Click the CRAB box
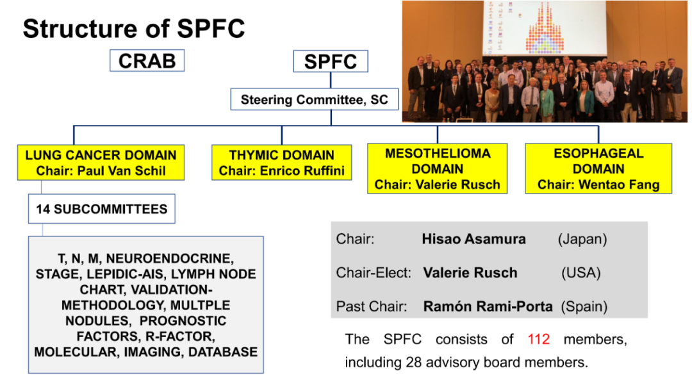[x=147, y=60]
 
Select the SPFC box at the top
[x=331, y=62]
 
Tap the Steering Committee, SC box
[x=314, y=100]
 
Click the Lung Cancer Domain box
[x=101, y=163]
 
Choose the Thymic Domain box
[x=281, y=163]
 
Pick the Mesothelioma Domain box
[x=438, y=169]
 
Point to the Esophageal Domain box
[x=598, y=169]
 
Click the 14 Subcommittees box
[x=101, y=209]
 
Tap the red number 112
[x=538, y=339]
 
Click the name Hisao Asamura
[x=474, y=239]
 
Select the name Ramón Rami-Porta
[x=488, y=306]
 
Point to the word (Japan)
[x=582, y=239]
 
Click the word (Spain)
[x=584, y=306]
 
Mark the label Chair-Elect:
[x=374, y=273]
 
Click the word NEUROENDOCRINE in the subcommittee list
[x=170, y=258]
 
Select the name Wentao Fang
[x=619, y=185]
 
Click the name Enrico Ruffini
[x=302, y=171]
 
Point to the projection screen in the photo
[x=545, y=28]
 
